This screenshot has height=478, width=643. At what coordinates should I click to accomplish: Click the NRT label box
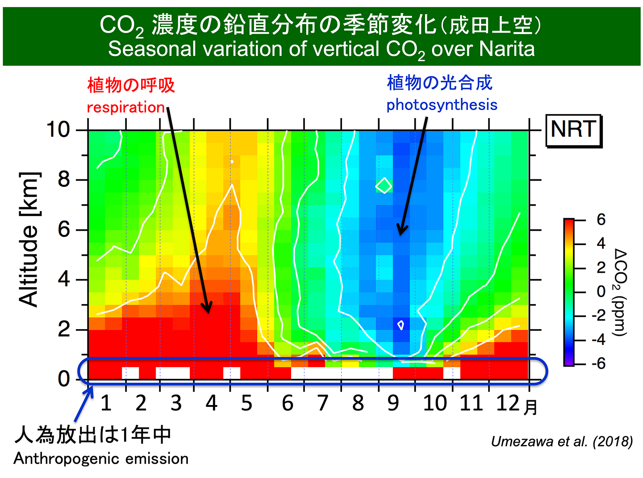pyautogui.click(x=574, y=130)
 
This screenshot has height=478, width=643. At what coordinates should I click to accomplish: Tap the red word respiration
pyautogui.click(x=126, y=107)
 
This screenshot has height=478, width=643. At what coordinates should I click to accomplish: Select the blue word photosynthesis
pyautogui.click(x=442, y=105)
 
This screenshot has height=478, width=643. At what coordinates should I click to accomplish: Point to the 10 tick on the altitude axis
pyautogui.click(x=58, y=130)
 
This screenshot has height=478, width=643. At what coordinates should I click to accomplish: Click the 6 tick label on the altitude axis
pyautogui.click(x=64, y=229)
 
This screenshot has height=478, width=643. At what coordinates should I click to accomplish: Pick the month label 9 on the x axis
pyautogui.click(x=393, y=403)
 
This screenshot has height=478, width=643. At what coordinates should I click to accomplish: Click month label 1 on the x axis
pyautogui.click(x=106, y=403)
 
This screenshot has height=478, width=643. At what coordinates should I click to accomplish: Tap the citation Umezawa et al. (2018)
pyautogui.click(x=562, y=442)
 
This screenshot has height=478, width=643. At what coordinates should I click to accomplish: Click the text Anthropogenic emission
pyautogui.click(x=101, y=459)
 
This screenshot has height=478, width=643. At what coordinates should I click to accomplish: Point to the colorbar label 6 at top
pyautogui.click(x=601, y=220)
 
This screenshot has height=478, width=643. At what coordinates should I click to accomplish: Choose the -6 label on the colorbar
pyautogui.click(x=598, y=364)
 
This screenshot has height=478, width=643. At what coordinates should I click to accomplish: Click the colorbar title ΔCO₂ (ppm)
pyautogui.click(x=620, y=292)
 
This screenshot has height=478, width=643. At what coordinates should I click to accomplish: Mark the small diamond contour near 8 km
pyautogui.click(x=384, y=185)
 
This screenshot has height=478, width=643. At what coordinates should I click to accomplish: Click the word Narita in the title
pyautogui.click(x=509, y=49)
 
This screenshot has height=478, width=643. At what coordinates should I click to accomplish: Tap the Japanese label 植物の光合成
pyautogui.click(x=439, y=83)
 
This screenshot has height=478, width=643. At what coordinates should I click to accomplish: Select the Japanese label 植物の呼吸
pyautogui.click(x=131, y=85)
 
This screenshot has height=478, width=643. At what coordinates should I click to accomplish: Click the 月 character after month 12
pyautogui.click(x=530, y=407)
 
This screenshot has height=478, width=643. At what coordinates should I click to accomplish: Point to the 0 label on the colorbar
pyautogui.click(x=601, y=292)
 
